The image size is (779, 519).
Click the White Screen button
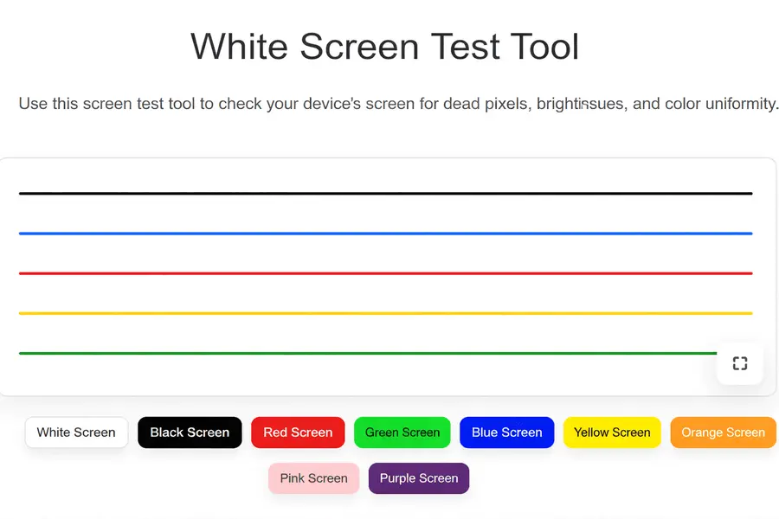click(x=76, y=432)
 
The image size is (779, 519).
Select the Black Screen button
click(x=190, y=432)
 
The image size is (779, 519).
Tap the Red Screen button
click(x=298, y=432)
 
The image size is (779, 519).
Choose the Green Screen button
click(x=402, y=432)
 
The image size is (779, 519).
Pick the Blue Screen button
click(x=506, y=432)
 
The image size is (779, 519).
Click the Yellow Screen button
click(x=612, y=432)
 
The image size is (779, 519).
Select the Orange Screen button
click(x=723, y=432)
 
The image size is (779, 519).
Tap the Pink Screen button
click(x=313, y=478)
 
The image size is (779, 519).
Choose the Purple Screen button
click(x=419, y=478)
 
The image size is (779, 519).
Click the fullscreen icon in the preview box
click(x=739, y=363)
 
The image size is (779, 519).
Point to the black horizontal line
click(x=385, y=194)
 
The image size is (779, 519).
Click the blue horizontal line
click(x=385, y=234)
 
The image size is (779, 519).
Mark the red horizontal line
click(x=385, y=273)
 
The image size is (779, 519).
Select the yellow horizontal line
click(x=385, y=313)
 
